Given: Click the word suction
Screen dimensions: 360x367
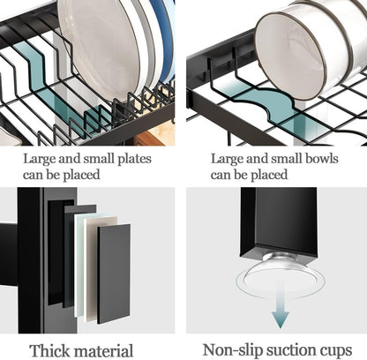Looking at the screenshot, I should click(293, 349).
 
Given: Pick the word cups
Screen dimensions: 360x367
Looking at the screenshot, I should click(340, 349).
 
